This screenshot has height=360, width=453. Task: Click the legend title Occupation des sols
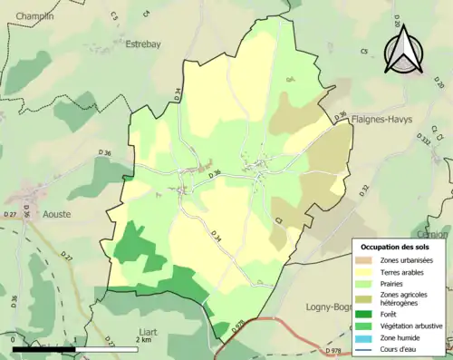click(x=396, y=247)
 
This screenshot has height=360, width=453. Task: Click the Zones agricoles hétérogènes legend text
click(x=408, y=299)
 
